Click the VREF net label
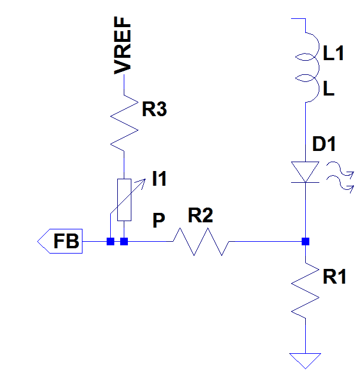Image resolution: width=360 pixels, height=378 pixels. click(x=123, y=46)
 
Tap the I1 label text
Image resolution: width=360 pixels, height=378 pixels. click(x=159, y=179)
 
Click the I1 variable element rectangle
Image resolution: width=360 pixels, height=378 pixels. click(x=124, y=199)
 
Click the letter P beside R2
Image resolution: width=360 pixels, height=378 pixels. click(x=158, y=221)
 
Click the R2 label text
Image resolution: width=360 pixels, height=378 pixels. click(x=200, y=216)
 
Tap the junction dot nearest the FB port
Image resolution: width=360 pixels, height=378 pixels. click(x=110, y=241)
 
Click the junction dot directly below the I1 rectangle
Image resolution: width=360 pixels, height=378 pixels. click(x=124, y=241)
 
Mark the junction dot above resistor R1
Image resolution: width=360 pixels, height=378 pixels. click(x=305, y=241)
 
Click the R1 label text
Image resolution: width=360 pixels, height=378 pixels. click(x=335, y=277)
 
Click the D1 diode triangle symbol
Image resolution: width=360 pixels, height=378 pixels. click(x=305, y=172)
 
